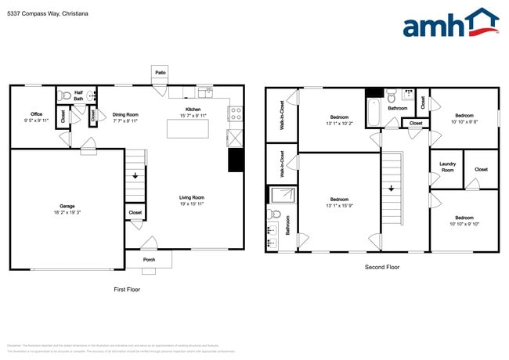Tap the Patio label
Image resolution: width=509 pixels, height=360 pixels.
(161, 73)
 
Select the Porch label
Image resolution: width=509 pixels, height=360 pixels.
(149, 260)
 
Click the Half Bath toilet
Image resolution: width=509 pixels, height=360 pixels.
(67, 95)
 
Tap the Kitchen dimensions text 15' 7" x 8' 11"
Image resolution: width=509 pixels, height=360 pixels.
(193, 115)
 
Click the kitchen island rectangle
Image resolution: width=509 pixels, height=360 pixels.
(187, 128)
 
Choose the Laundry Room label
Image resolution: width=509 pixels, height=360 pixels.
(447, 167)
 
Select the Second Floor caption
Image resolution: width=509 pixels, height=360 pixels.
(382, 267)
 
